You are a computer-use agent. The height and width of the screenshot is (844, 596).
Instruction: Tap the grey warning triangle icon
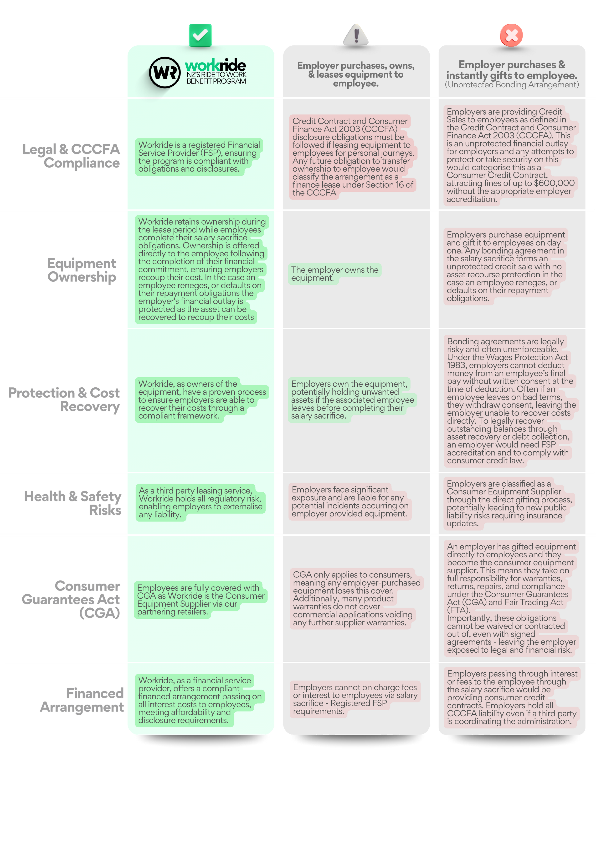pos(356,35)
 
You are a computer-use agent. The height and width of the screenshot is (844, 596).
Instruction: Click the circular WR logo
pos(164,72)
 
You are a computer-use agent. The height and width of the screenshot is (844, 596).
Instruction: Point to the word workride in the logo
pos(216,65)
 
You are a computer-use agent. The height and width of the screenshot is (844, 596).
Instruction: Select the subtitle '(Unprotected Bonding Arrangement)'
pos(512,85)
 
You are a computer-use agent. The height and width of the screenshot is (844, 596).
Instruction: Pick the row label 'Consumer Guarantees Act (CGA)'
pos(73,599)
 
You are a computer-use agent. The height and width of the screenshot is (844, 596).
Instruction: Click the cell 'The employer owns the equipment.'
pos(334,274)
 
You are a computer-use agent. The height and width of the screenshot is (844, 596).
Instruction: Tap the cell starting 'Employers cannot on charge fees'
pos(355,699)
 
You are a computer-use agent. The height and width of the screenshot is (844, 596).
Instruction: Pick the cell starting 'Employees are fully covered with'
pos(200,600)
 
